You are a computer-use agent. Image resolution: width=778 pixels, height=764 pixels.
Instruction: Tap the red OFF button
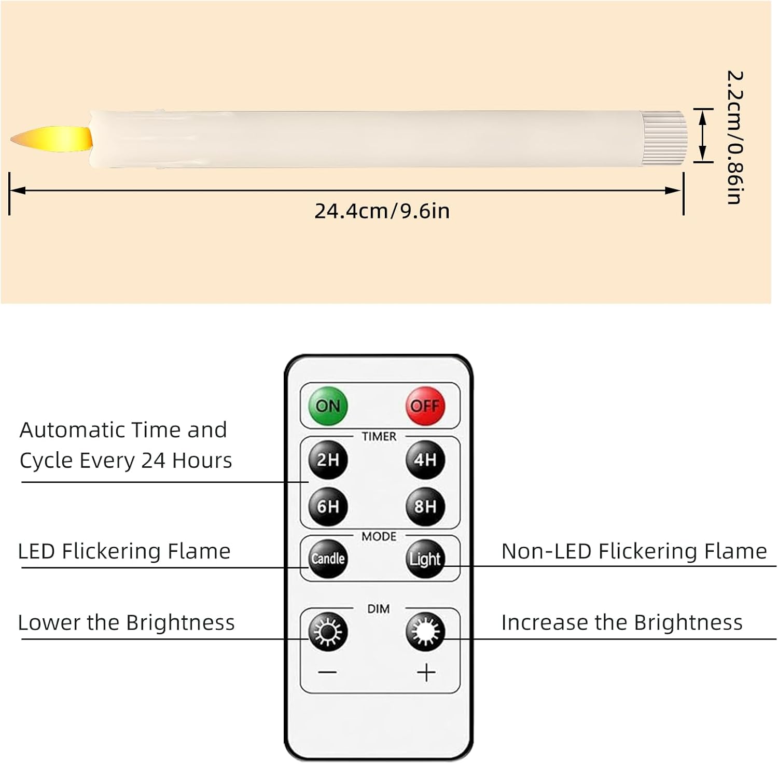pyautogui.click(x=425, y=406)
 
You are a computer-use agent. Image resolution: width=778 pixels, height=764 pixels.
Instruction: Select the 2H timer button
pyautogui.click(x=328, y=460)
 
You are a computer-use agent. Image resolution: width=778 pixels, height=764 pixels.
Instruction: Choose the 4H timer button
pyautogui.click(x=425, y=460)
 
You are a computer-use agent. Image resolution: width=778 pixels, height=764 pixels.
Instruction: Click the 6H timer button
pyautogui.click(x=328, y=506)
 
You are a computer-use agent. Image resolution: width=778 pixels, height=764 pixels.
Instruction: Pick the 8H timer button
pyautogui.click(x=425, y=506)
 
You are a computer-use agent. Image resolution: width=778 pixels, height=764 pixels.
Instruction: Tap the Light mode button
pyautogui.click(x=425, y=559)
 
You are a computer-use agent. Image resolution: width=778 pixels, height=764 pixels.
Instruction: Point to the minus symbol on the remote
pyautogui.click(x=328, y=673)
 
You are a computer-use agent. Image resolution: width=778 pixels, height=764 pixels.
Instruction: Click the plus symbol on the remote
pyautogui.click(x=426, y=673)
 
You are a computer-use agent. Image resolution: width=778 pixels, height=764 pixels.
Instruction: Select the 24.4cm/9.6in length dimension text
pyautogui.click(x=382, y=211)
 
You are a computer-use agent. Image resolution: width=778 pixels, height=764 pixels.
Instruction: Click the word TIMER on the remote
pyautogui.click(x=379, y=437)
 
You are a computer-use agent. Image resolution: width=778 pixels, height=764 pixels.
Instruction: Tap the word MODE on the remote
pyautogui.click(x=379, y=536)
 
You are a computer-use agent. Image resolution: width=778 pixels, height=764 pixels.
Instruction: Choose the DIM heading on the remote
pyautogui.click(x=379, y=609)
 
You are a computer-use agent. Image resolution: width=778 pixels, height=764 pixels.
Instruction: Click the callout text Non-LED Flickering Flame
pyautogui.click(x=634, y=551)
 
